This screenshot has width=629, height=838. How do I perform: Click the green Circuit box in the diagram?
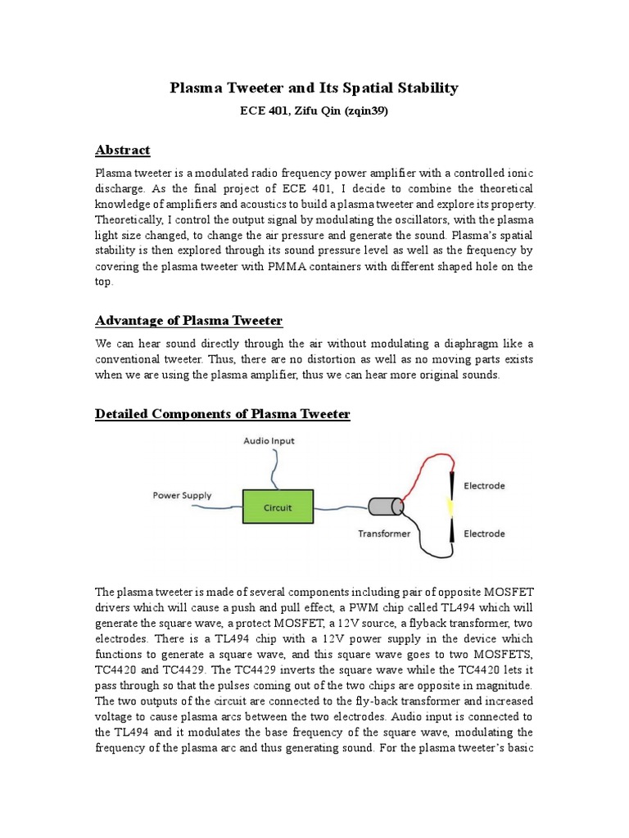277,507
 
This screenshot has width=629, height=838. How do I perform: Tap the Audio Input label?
269,441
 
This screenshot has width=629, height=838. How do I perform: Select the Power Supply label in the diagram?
182,495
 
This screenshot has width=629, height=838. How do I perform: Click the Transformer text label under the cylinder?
385,534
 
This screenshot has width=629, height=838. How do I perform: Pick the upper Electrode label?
484,486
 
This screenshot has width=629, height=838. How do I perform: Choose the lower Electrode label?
484,534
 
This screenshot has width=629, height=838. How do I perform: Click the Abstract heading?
123,150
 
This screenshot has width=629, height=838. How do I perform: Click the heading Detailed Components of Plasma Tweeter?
223,414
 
